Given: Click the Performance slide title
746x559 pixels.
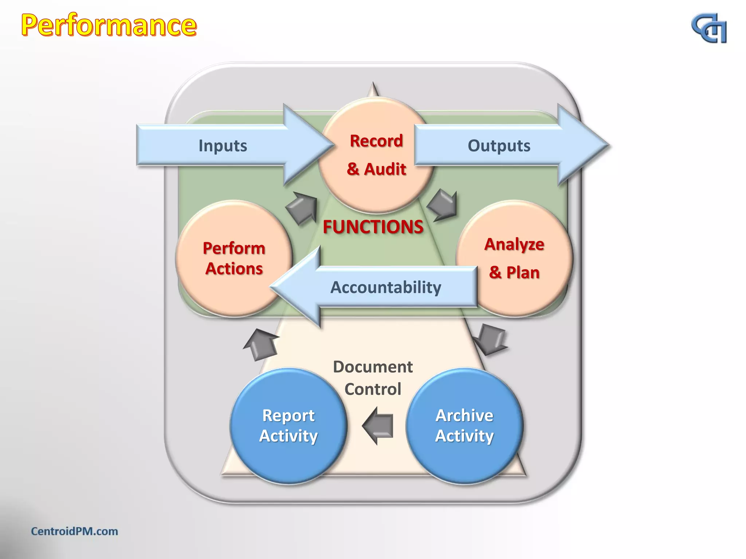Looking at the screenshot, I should click(109, 25).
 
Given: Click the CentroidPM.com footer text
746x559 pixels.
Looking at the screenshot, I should click(74, 531).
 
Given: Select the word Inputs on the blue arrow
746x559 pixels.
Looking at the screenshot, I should click(223, 146).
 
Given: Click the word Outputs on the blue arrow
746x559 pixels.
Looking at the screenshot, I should click(499, 146).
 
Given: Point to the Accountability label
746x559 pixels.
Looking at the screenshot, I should click(385, 287).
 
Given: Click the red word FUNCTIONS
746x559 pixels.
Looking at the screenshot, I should click(373, 227).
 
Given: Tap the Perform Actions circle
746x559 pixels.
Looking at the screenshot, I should click(234, 258).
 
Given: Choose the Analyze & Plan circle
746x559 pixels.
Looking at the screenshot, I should click(514, 258).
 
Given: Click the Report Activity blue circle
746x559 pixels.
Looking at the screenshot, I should click(288, 426).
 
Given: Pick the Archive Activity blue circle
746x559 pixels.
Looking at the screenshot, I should click(464, 426).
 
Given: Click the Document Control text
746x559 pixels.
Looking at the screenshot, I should click(373, 378).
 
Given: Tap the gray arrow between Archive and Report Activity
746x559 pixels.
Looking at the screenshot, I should click(379, 425).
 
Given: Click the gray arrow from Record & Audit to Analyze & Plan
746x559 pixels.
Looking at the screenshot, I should click(443, 205).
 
